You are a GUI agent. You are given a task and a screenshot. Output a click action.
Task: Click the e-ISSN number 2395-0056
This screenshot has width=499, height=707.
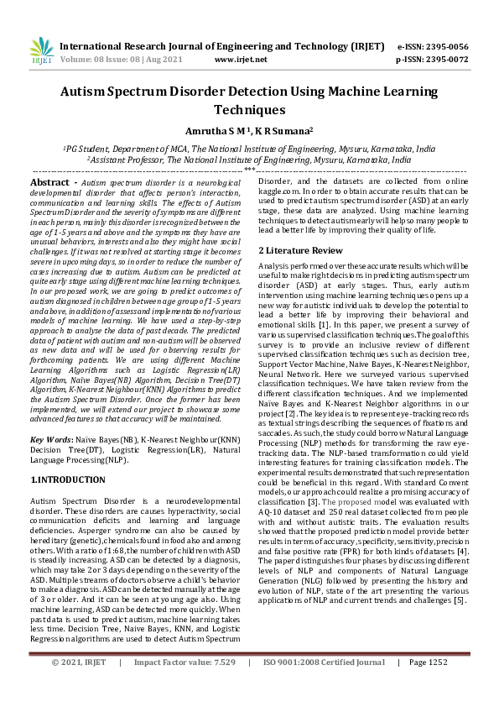point(448,46)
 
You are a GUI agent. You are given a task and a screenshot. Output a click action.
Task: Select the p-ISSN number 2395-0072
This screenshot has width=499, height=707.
point(448,60)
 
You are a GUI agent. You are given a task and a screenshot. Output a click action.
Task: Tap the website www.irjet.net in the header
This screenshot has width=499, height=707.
point(241,60)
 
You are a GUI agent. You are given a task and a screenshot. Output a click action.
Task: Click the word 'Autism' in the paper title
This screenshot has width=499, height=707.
point(91,92)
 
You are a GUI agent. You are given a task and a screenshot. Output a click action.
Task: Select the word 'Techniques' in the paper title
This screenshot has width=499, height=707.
point(249,109)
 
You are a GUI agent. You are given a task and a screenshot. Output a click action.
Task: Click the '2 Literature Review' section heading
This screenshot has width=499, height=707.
point(299,250)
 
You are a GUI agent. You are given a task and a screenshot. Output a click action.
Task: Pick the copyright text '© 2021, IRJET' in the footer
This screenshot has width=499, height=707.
point(79,686)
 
